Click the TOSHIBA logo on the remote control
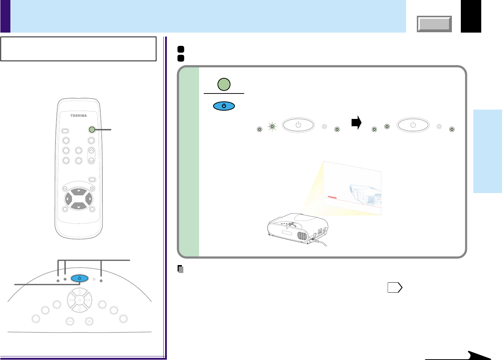coord(78,115)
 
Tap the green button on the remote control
coord(92,130)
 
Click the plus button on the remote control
coord(92,188)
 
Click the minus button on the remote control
coord(65,188)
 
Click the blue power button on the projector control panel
coord(79,278)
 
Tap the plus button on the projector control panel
coord(89,321)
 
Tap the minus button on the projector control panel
coord(70,321)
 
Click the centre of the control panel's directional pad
coord(79,300)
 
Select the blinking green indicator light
coord(272,126)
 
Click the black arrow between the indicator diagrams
coord(356,123)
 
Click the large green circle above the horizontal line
coord(224,85)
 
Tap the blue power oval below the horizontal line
coord(224,106)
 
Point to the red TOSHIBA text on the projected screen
coord(332,197)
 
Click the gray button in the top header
coord(434,24)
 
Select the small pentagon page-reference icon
coord(395,288)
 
